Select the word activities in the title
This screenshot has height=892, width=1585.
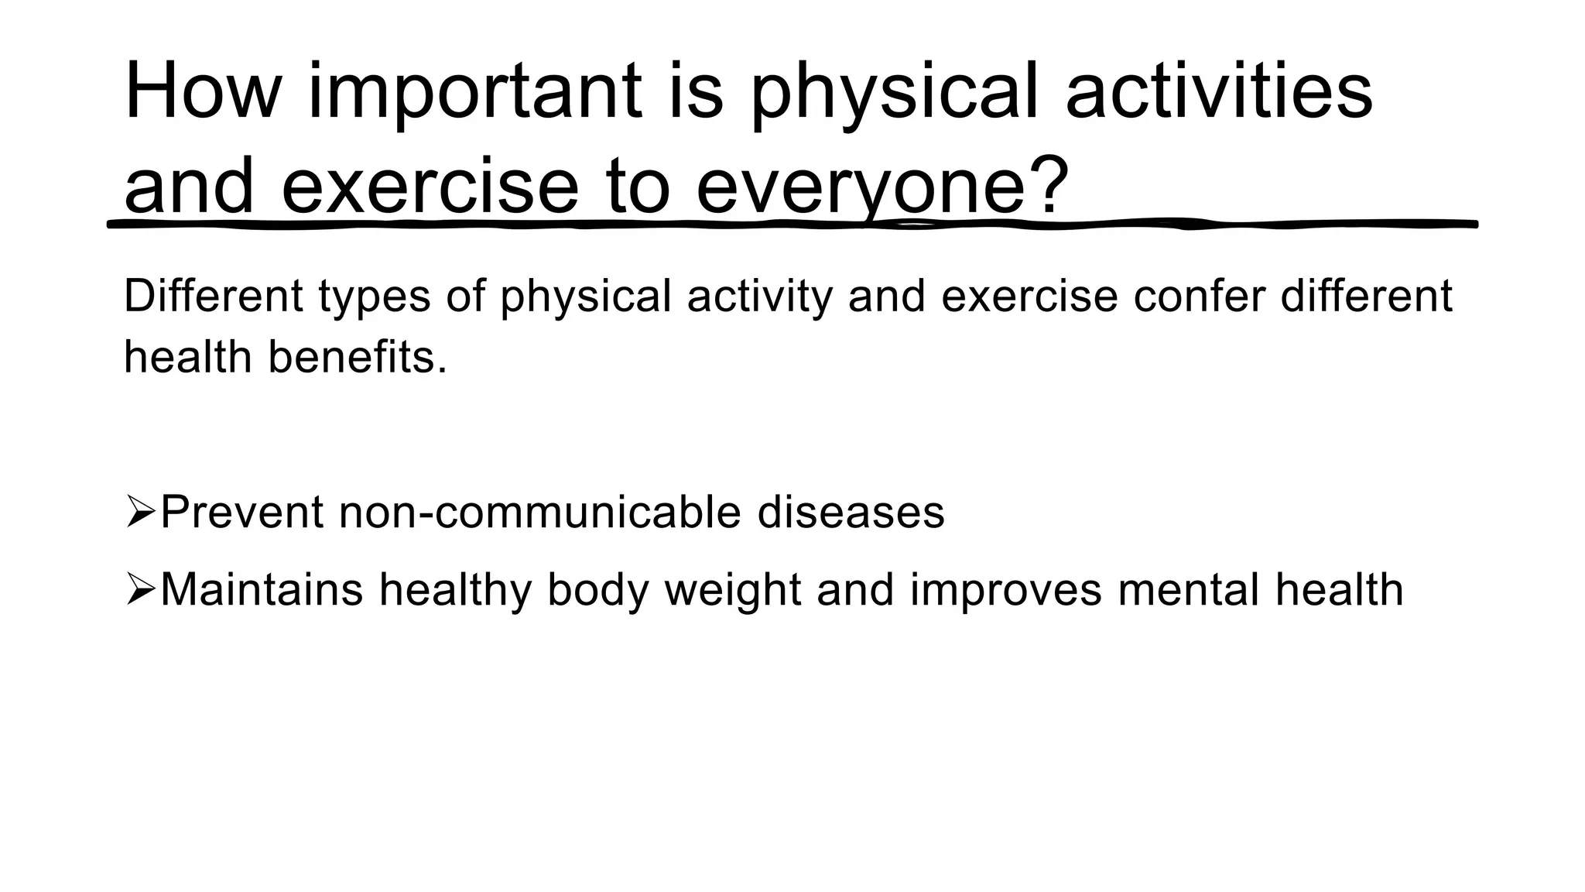coord(1219,91)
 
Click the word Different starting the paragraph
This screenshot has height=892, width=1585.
coord(213,296)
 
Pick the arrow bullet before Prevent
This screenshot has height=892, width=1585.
coord(140,513)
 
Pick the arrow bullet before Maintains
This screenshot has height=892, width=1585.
coord(140,591)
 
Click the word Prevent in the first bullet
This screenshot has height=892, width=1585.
coord(241,513)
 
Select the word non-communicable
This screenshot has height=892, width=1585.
coord(539,513)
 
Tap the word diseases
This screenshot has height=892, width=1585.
coord(851,513)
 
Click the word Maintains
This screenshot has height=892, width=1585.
coord(262,590)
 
